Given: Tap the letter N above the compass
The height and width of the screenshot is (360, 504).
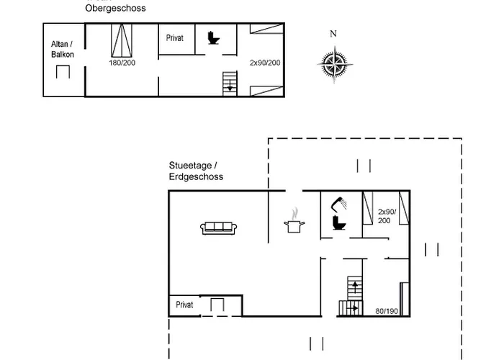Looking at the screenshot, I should tap(333, 34).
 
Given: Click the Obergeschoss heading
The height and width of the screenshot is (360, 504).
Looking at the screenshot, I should tap(115, 9).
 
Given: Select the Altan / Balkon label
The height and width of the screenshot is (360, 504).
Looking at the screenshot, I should tap(62, 49).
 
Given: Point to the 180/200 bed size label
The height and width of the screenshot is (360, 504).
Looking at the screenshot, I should tap(122, 63).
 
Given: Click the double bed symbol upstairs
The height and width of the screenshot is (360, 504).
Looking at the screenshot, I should tap(122, 39).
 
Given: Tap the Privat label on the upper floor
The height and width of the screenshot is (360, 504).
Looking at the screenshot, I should tap(175, 37).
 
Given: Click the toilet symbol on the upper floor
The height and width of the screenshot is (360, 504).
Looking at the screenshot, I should tap(213, 37).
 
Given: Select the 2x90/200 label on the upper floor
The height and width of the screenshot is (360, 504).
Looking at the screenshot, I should tap(264, 63).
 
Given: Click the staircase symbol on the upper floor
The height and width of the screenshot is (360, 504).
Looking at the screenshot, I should tap(230, 82).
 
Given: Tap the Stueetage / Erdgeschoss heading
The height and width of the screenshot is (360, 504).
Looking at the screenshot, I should tap(196, 171).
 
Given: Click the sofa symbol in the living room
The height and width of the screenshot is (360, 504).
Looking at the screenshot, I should tap(218, 228).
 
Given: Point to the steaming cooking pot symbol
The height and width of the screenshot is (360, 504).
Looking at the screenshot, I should tap(294, 222).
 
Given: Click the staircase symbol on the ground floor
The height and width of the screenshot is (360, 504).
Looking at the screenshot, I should tap(351, 297).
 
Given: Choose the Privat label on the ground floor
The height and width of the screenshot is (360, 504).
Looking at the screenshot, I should tap(185, 305).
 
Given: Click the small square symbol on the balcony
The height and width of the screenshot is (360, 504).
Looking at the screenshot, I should tap(63, 72).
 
